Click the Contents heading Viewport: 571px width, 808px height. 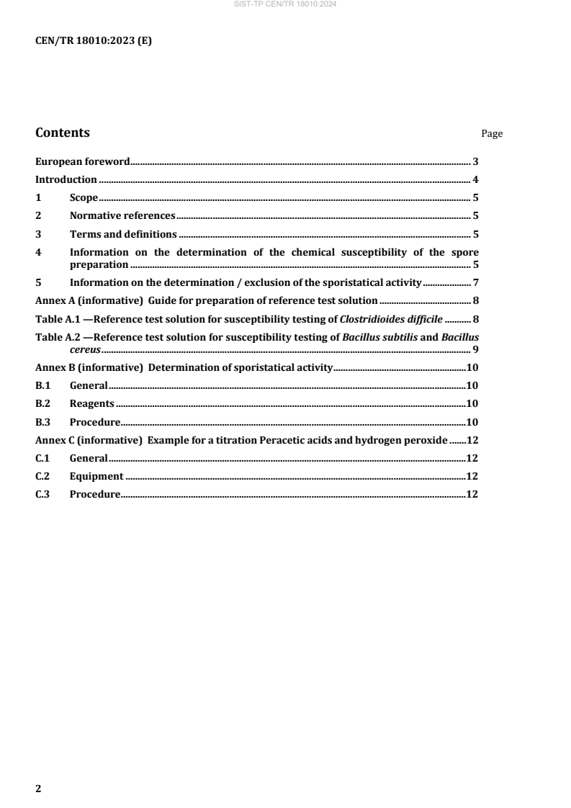pos(63,133)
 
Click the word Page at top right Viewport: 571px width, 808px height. pos(492,134)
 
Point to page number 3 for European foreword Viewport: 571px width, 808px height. pos(476,161)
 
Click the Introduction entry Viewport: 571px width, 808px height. pos(66,179)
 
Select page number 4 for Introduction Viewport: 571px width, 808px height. pos(476,179)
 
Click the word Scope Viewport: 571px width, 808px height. pos(84,197)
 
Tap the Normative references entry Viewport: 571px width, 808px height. pos(122,215)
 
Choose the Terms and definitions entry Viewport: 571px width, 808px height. pos(123,234)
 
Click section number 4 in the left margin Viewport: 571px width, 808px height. pos(39,252)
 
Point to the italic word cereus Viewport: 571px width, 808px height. pos(85,349)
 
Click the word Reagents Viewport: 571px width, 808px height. pos(91,403)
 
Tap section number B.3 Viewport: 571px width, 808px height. pos(42,421)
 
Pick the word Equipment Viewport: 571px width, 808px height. pos(96,476)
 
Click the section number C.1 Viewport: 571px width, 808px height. pos(42,458)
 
